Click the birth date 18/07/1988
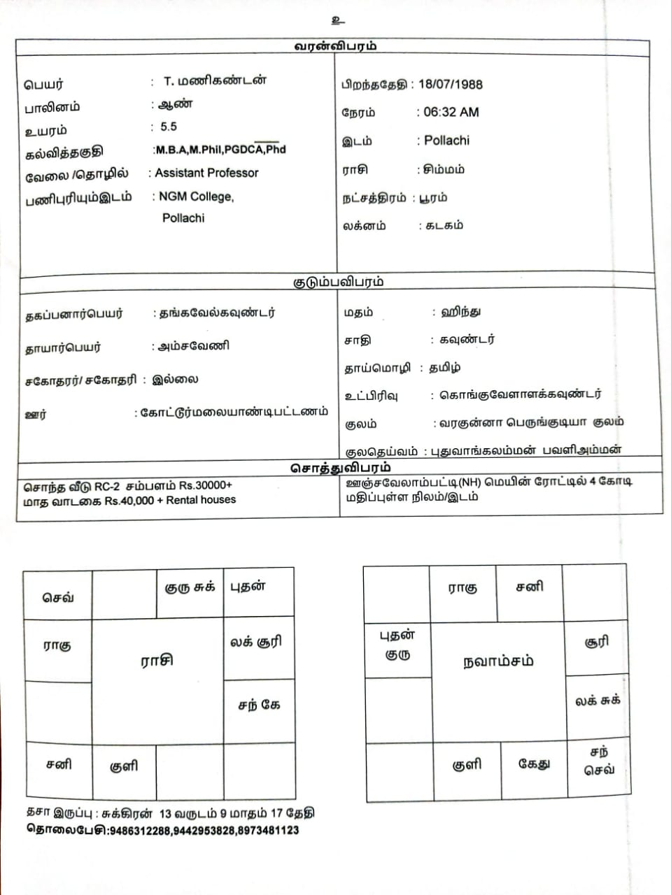coord(450,84)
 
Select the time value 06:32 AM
coord(451,112)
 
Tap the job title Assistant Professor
coord(206,173)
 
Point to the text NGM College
coord(196,196)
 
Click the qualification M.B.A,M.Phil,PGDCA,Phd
coord(220,149)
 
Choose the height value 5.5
coord(169,127)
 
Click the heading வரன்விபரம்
coord(335,46)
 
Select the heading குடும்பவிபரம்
coord(338,282)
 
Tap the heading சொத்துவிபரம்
coord(340,467)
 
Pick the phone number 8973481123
coord(268,831)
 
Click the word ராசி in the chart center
coord(157,660)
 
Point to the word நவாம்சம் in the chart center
coord(498,661)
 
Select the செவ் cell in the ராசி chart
coord(58,597)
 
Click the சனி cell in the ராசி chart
coord(59,764)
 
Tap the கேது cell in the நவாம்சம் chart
coord(534,764)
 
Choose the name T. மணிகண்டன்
coord(215,81)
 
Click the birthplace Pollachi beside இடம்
coord(446,141)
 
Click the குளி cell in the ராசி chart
coord(124,766)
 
